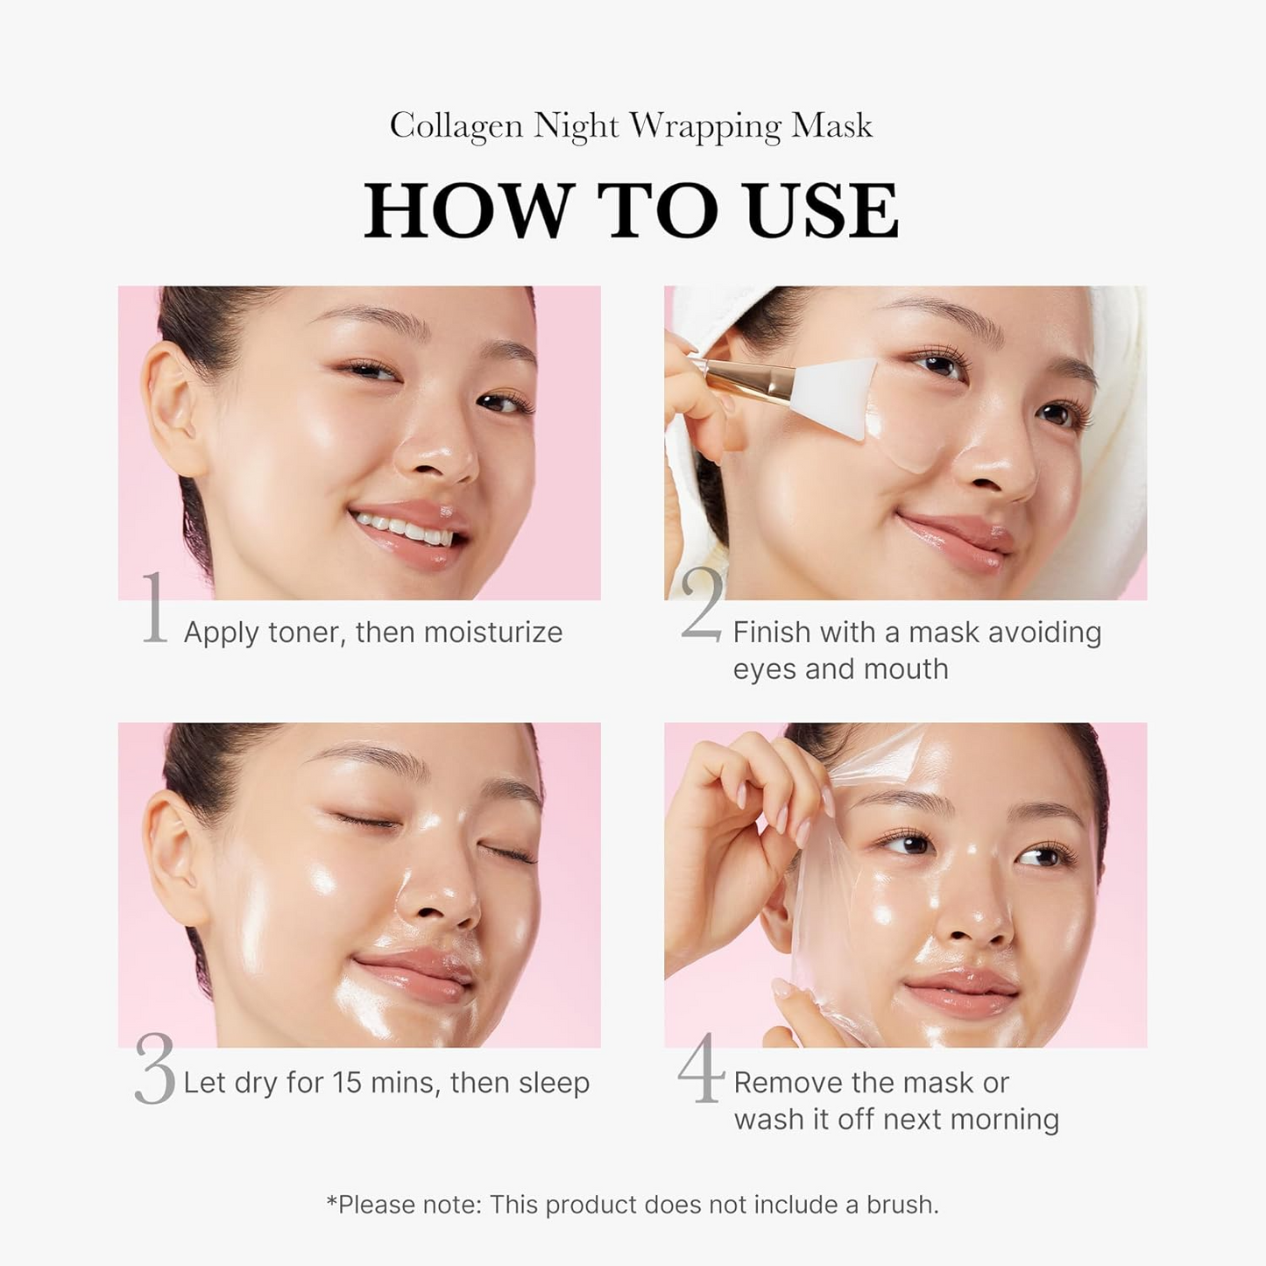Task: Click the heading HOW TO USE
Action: point(632,211)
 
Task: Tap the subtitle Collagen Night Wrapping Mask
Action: point(631,125)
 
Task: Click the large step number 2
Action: point(702,605)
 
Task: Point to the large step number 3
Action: point(155,1069)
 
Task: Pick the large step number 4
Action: point(701,1068)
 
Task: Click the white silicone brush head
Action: point(834,394)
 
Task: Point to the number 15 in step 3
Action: point(347,1083)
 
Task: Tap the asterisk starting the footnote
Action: point(332,1201)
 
